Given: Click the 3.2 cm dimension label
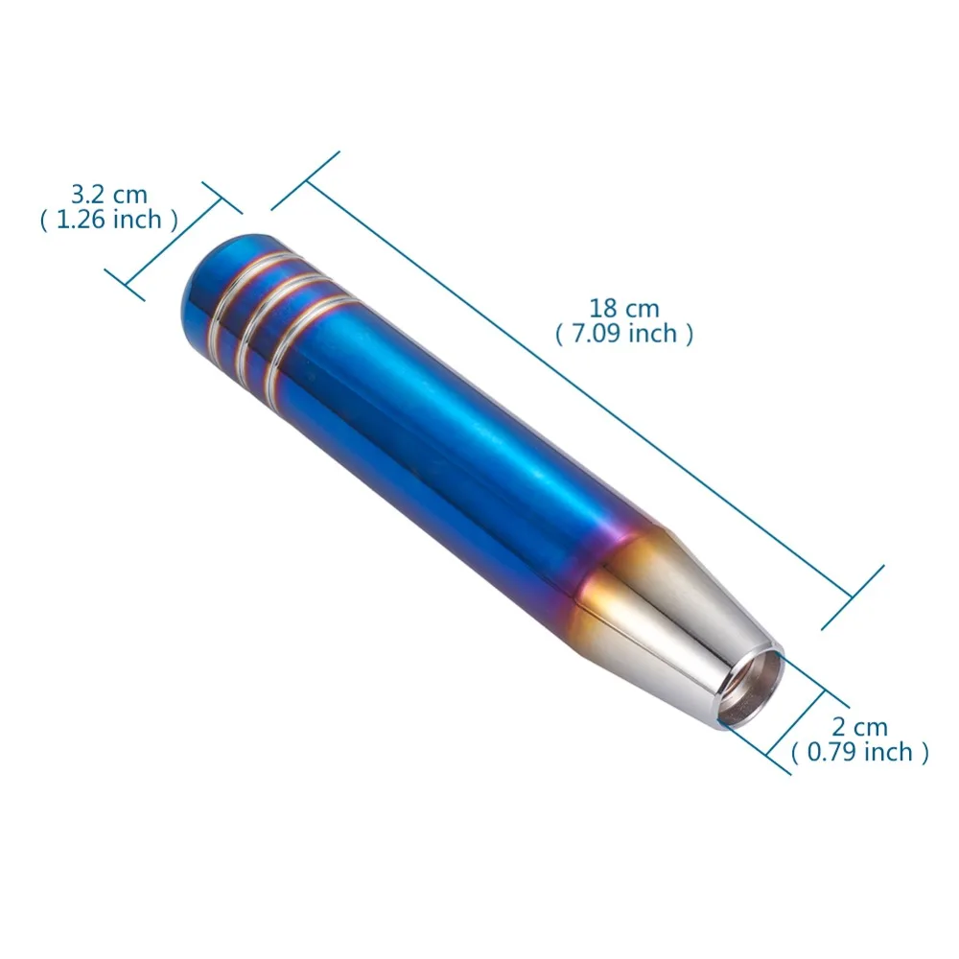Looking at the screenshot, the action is point(109,195).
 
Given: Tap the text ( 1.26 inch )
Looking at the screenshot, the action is point(109,220).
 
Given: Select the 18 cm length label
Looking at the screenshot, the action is point(624,308).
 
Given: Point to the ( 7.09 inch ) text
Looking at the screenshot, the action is point(624,334).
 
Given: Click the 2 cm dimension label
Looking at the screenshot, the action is point(859,727).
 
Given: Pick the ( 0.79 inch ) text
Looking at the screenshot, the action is point(859,752).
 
